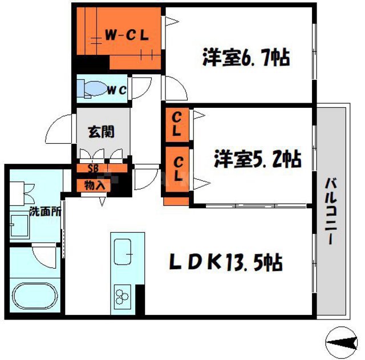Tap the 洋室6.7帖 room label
245,58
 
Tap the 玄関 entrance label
102,131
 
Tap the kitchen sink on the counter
123,250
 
